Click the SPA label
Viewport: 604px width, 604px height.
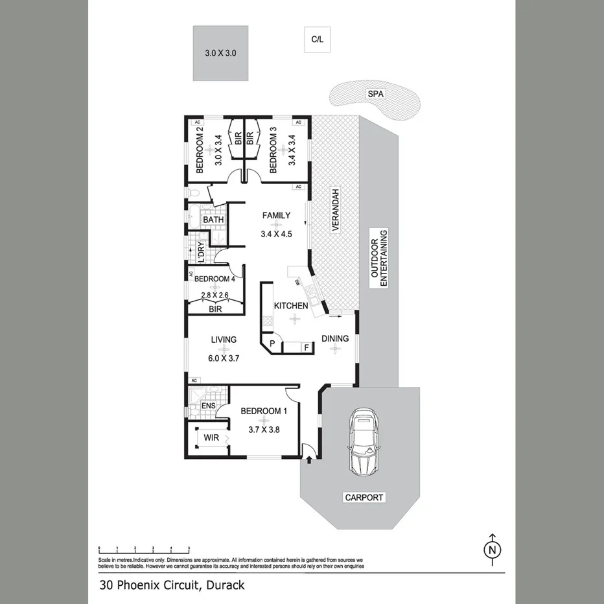pos(376,94)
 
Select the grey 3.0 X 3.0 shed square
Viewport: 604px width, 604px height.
pos(220,53)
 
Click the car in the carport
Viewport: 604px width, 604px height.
pos(363,443)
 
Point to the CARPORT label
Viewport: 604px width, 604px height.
pos(364,498)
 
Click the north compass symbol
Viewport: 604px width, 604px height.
pos(493,549)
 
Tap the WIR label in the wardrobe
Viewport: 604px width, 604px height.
pos(211,439)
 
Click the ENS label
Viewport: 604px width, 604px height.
pos(208,406)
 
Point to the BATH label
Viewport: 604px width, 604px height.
pos(213,220)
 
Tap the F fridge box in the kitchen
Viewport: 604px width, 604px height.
pos(306,347)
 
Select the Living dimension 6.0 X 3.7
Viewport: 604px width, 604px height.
pos(224,357)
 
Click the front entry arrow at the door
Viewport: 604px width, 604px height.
pos(308,460)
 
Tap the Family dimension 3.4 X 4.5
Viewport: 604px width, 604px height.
pos(276,234)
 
